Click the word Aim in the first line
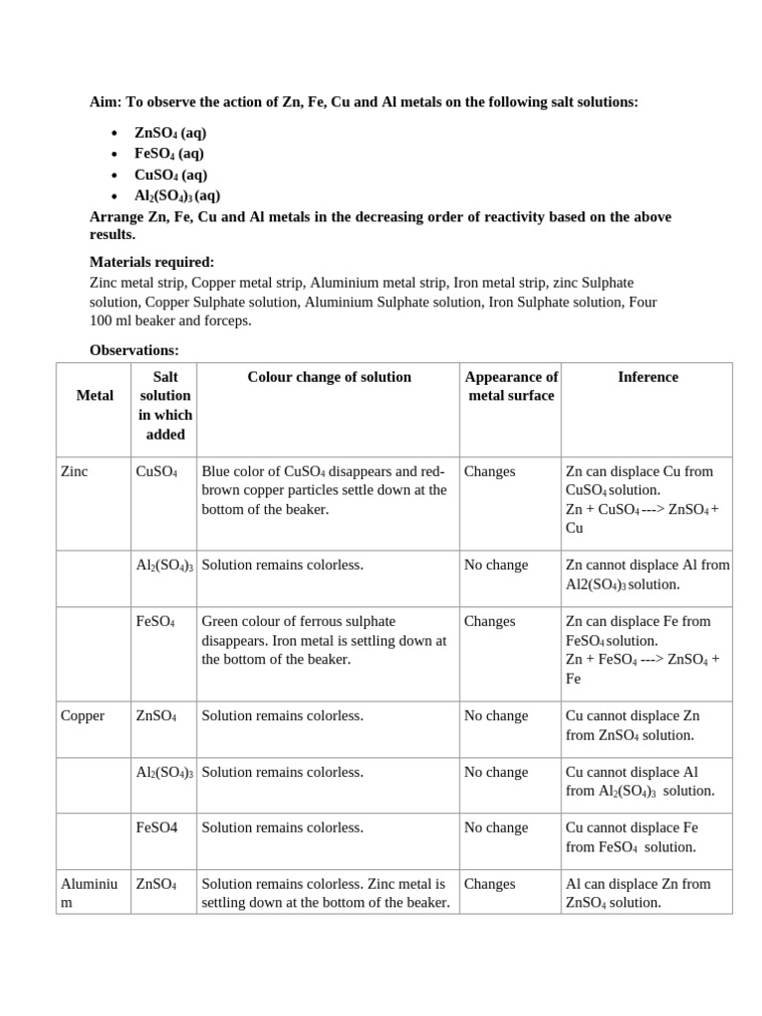tap(104, 102)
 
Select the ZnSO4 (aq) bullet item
tap(170, 133)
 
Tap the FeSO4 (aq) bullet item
tap(170, 154)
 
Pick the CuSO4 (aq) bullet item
tap(171, 175)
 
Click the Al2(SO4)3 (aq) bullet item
tap(178, 195)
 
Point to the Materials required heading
tap(152, 262)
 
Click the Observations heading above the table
tap(134, 350)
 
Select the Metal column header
tap(94, 396)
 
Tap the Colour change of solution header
tap(328, 377)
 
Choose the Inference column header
tap(648, 377)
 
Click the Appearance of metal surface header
tap(511, 386)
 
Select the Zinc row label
tap(74, 471)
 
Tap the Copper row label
tap(82, 715)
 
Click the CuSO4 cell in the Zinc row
tap(157, 472)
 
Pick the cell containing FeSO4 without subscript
tap(157, 827)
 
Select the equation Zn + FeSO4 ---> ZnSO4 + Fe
tap(642, 669)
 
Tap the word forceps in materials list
tap(228, 320)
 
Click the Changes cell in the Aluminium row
tap(489, 884)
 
